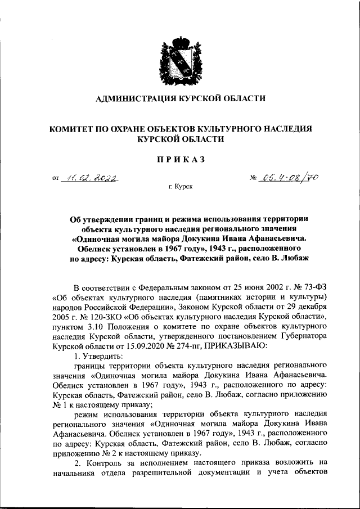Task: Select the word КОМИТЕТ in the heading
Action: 71,129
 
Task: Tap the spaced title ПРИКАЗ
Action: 179,159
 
